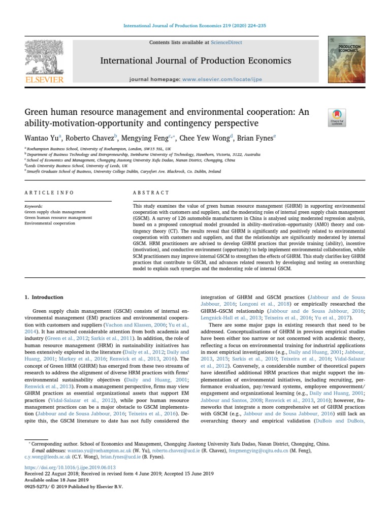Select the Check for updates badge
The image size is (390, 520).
tap(338, 117)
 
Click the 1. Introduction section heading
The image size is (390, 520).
tap(44, 297)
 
